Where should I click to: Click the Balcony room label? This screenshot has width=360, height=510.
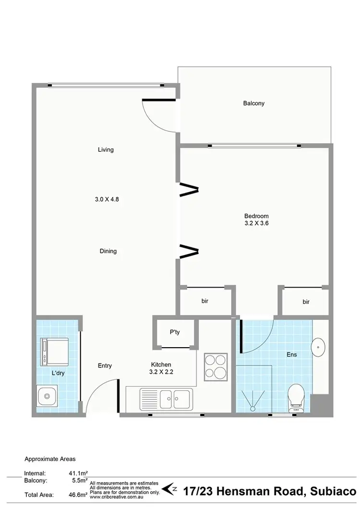253,103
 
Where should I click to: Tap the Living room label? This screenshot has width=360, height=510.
106,149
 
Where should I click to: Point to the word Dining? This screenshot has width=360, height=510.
108,251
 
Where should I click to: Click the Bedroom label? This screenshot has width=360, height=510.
256,216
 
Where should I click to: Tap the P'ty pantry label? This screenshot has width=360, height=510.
175,332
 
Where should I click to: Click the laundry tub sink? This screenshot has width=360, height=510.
47,397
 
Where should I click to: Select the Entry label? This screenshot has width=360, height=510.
105,366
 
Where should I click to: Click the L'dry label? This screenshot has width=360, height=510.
58,373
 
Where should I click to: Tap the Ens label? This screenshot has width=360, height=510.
291,355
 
